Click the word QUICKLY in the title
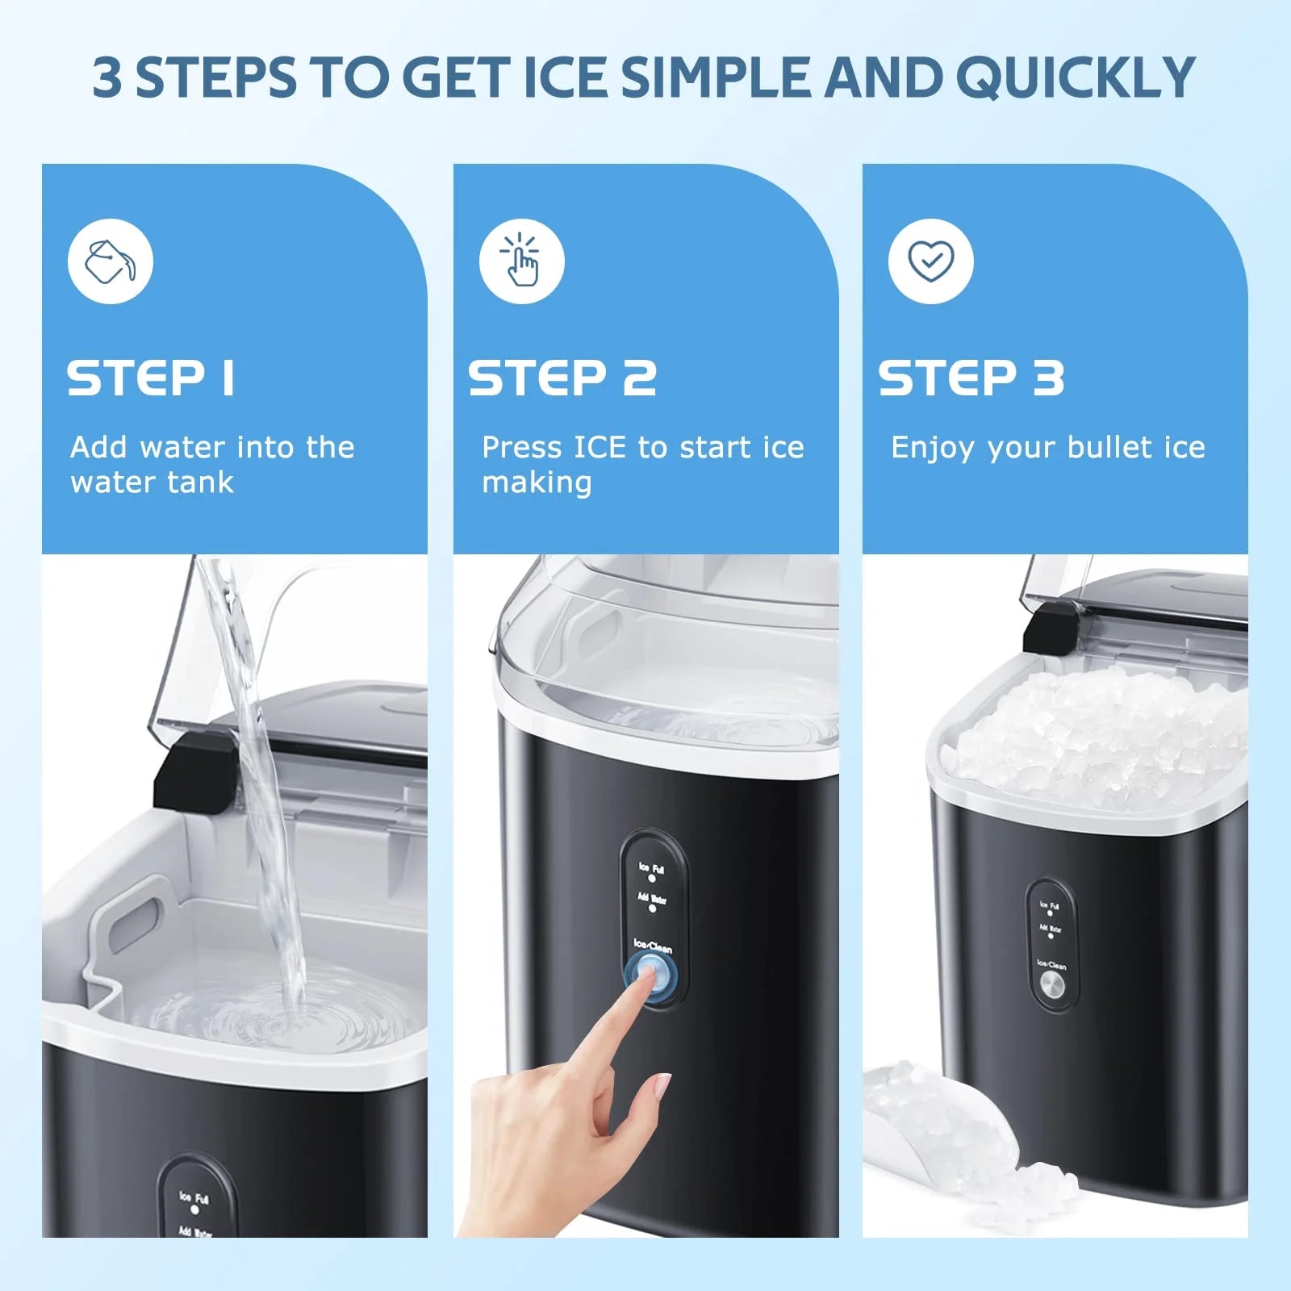1075,78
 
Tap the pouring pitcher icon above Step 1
111,261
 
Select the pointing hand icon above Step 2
521,261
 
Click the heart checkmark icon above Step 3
930,261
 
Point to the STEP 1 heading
151,378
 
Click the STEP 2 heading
562,378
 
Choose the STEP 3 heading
971,378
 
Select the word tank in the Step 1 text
201,483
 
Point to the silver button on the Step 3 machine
1051,984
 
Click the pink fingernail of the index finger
662,1086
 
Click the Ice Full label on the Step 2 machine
652,868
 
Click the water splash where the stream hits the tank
290,1009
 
